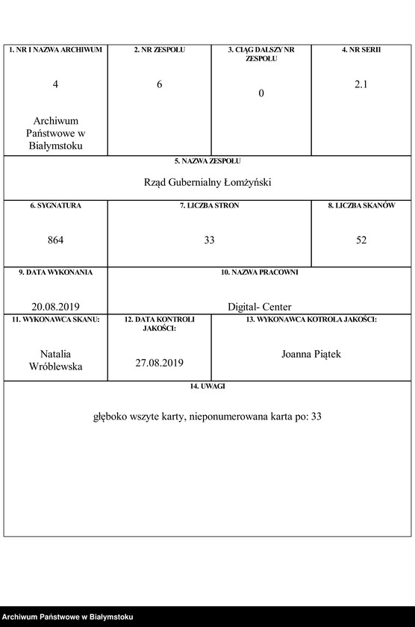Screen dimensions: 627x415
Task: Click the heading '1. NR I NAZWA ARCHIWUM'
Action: (x=55, y=50)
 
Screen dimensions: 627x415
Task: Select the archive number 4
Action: (x=55, y=84)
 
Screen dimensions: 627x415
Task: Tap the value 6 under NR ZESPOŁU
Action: (x=159, y=84)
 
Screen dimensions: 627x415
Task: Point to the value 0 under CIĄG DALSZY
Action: (x=261, y=93)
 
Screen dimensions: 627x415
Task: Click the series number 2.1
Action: (x=361, y=84)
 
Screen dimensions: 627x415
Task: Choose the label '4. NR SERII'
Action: (x=361, y=50)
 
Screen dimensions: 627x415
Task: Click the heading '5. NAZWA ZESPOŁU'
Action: (x=207, y=160)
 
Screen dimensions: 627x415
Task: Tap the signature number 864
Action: (x=55, y=240)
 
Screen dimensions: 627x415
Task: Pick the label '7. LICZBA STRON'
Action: (x=209, y=205)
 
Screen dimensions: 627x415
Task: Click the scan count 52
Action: (x=361, y=240)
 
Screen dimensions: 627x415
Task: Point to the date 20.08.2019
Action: (x=55, y=306)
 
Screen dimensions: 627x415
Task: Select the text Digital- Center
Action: (x=260, y=306)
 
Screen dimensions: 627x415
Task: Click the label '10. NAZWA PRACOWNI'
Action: (x=260, y=272)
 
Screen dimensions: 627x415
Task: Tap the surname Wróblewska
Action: (x=55, y=366)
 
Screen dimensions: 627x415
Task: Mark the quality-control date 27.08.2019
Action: (x=159, y=363)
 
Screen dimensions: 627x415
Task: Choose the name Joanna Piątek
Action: (x=311, y=354)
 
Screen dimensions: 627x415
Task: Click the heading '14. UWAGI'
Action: (x=207, y=386)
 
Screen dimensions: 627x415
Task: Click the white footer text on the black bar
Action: (x=68, y=617)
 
